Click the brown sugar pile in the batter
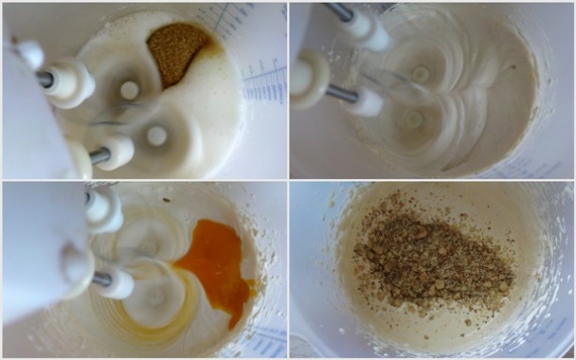[176, 51]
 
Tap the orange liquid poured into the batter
[213, 267]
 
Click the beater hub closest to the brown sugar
[129, 90]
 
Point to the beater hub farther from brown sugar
[156, 135]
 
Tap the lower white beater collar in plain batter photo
[364, 99]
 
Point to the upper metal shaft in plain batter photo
[339, 11]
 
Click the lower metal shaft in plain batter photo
[341, 92]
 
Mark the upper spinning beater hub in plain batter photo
[420, 73]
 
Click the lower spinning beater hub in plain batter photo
[413, 118]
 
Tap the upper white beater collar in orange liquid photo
[104, 210]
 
